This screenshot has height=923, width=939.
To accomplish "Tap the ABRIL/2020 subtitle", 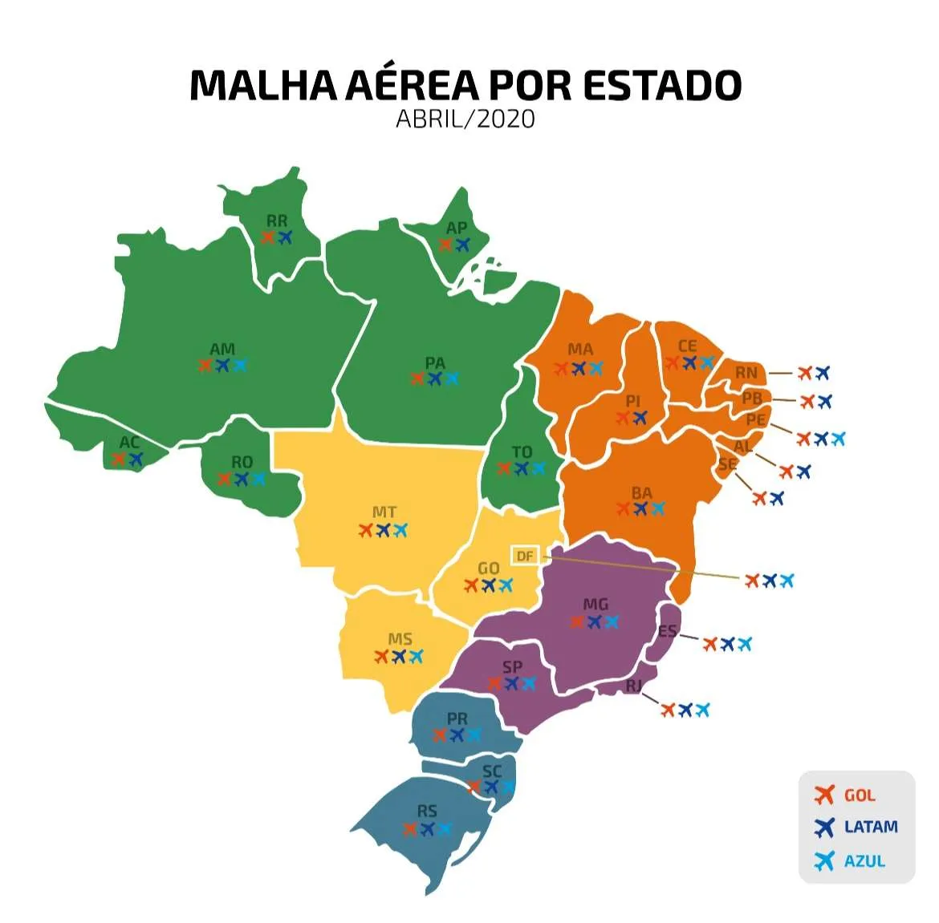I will [x=465, y=119].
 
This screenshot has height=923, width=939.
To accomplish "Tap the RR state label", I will [x=277, y=221].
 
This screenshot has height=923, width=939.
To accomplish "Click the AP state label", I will [x=456, y=228].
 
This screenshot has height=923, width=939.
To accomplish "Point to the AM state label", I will [x=222, y=349].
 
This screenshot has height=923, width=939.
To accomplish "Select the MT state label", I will [x=384, y=512].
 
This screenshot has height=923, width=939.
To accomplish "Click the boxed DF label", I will [x=525, y=556].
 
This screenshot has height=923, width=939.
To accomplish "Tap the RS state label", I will [x=427, y=811].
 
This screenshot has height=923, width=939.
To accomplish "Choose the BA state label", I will [x=641, y=492].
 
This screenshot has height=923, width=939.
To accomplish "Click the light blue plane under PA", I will [x=452, y=379].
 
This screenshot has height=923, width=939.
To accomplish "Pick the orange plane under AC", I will [x=119, y=459].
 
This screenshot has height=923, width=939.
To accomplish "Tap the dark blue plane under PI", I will [x=640, y=418].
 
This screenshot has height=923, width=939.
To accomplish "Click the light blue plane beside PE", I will [x=839, y=439].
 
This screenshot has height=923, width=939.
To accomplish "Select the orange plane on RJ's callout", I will [x=668, y=710].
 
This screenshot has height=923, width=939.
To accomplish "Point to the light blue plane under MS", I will [x=416, y=657].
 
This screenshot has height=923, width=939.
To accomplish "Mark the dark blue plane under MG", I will [x=595, y=621].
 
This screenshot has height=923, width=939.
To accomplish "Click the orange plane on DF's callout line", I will [x=752, y=580].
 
